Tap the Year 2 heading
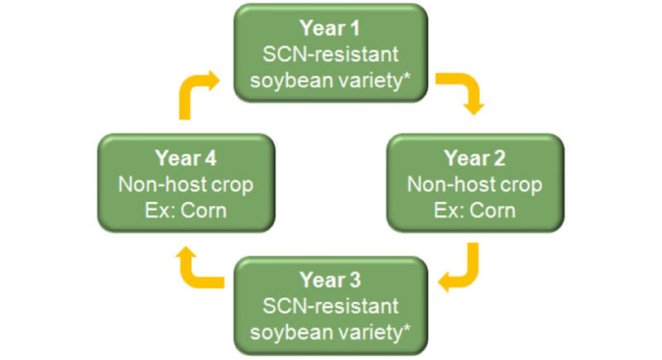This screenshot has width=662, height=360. pyautogui.click(x=475, y=156)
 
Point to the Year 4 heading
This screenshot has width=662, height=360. pyautogui.click(x=185, y=156)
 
